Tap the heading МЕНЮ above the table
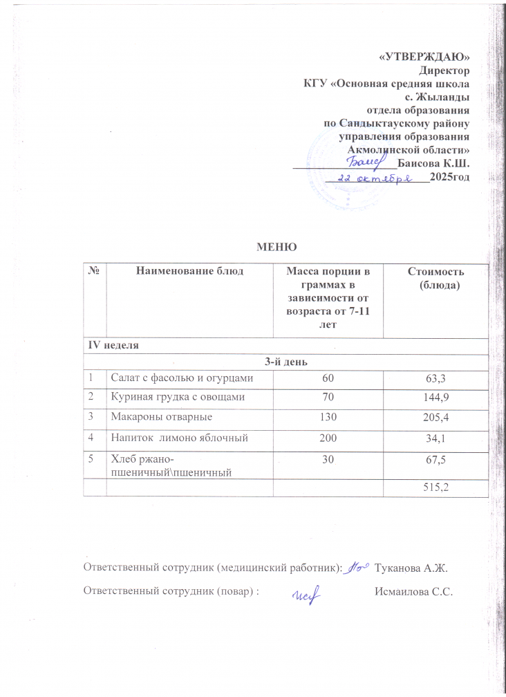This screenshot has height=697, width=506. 277,247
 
